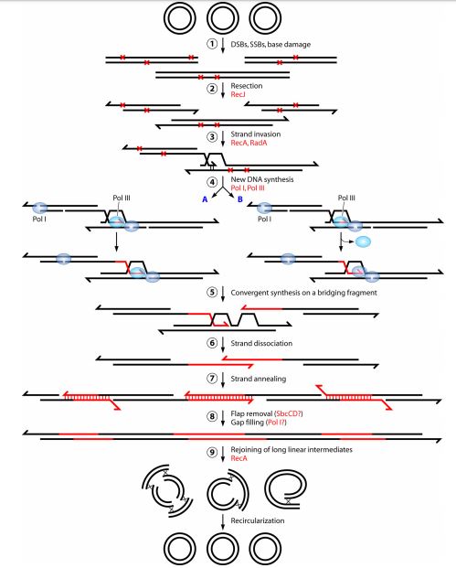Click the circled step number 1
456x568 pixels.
pyautogui.click(x=212, y=44)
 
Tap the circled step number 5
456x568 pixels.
pyautogui.click(x=212, y=293)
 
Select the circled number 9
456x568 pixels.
pyautogui.click(x=212, y=453)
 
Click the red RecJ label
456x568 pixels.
pyautogui.click(x=238, y=94)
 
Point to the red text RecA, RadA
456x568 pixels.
pyautogui.click(x=249, y=143)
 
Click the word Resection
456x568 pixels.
pyautogui.click(x=247, y=86)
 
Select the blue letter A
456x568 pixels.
pyautogui.click(x=205, y=199)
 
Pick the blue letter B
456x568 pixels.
pyautogui.click(x=240, y=199)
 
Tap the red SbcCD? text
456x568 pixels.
pyautogui.click(x=289, y=413)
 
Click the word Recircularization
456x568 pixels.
pyautogui.click(x=258, y=520)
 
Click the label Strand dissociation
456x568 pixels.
pyautogui.click(x=261, y=343)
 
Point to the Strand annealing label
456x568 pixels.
pyautogui.click(x=259, y=379)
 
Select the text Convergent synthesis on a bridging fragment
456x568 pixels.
pyautogui.click(x=303, y=293)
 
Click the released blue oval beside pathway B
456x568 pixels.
pyautogui.click(x=363, y=241)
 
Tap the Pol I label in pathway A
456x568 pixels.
pyautogui.click(x=39, y=219)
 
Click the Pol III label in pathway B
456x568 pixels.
pyautogui.click(x=346, y=198)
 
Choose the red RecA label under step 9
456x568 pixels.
pyautogui.click(x=239, y=458)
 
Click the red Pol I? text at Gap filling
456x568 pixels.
pyautogui.click(x=277, y=423)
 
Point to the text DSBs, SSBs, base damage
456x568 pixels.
pyautogui.click(x=270, y=45)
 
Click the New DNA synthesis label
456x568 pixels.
pyautogui.click(x=262, y=179)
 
